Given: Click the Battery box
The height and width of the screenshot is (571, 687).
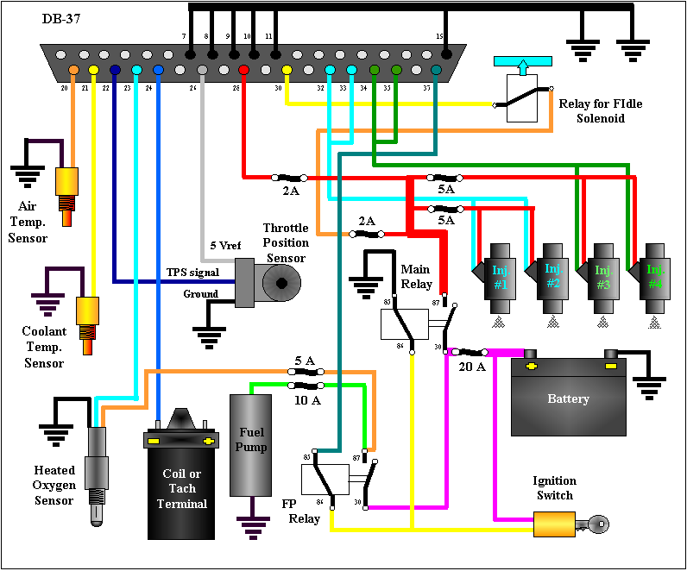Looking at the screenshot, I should [569, 398].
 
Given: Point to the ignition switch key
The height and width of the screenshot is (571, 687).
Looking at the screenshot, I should [596, 523].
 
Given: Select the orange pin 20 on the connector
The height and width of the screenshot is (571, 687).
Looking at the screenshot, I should [73, 69].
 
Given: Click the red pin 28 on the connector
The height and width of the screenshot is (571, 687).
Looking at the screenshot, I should [243, 69].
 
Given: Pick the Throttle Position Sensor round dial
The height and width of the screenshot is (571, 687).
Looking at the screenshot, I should [280, 281].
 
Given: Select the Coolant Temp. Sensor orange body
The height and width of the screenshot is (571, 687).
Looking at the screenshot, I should [86, 311].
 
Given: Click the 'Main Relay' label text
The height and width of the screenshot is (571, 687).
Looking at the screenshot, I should [416, 277].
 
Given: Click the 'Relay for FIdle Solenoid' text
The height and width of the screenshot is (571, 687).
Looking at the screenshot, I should [601, 110].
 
